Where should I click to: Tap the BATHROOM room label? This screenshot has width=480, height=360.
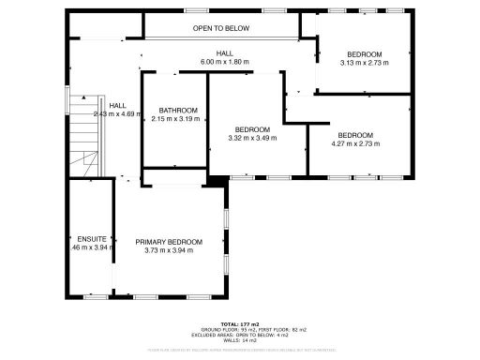[x=176, y=110]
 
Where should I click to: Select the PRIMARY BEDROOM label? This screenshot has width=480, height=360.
[x=169, y=242]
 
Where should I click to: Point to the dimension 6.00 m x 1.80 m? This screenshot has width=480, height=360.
[x=225, y=62]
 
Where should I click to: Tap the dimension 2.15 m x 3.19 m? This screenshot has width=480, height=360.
[x=176, y=119]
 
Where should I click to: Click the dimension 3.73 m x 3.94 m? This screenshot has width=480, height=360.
[x=169, y=250]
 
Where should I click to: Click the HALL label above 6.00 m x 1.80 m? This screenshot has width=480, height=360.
[x=225, y=53]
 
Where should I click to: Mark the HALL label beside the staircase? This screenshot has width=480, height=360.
[x=117, y=105]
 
